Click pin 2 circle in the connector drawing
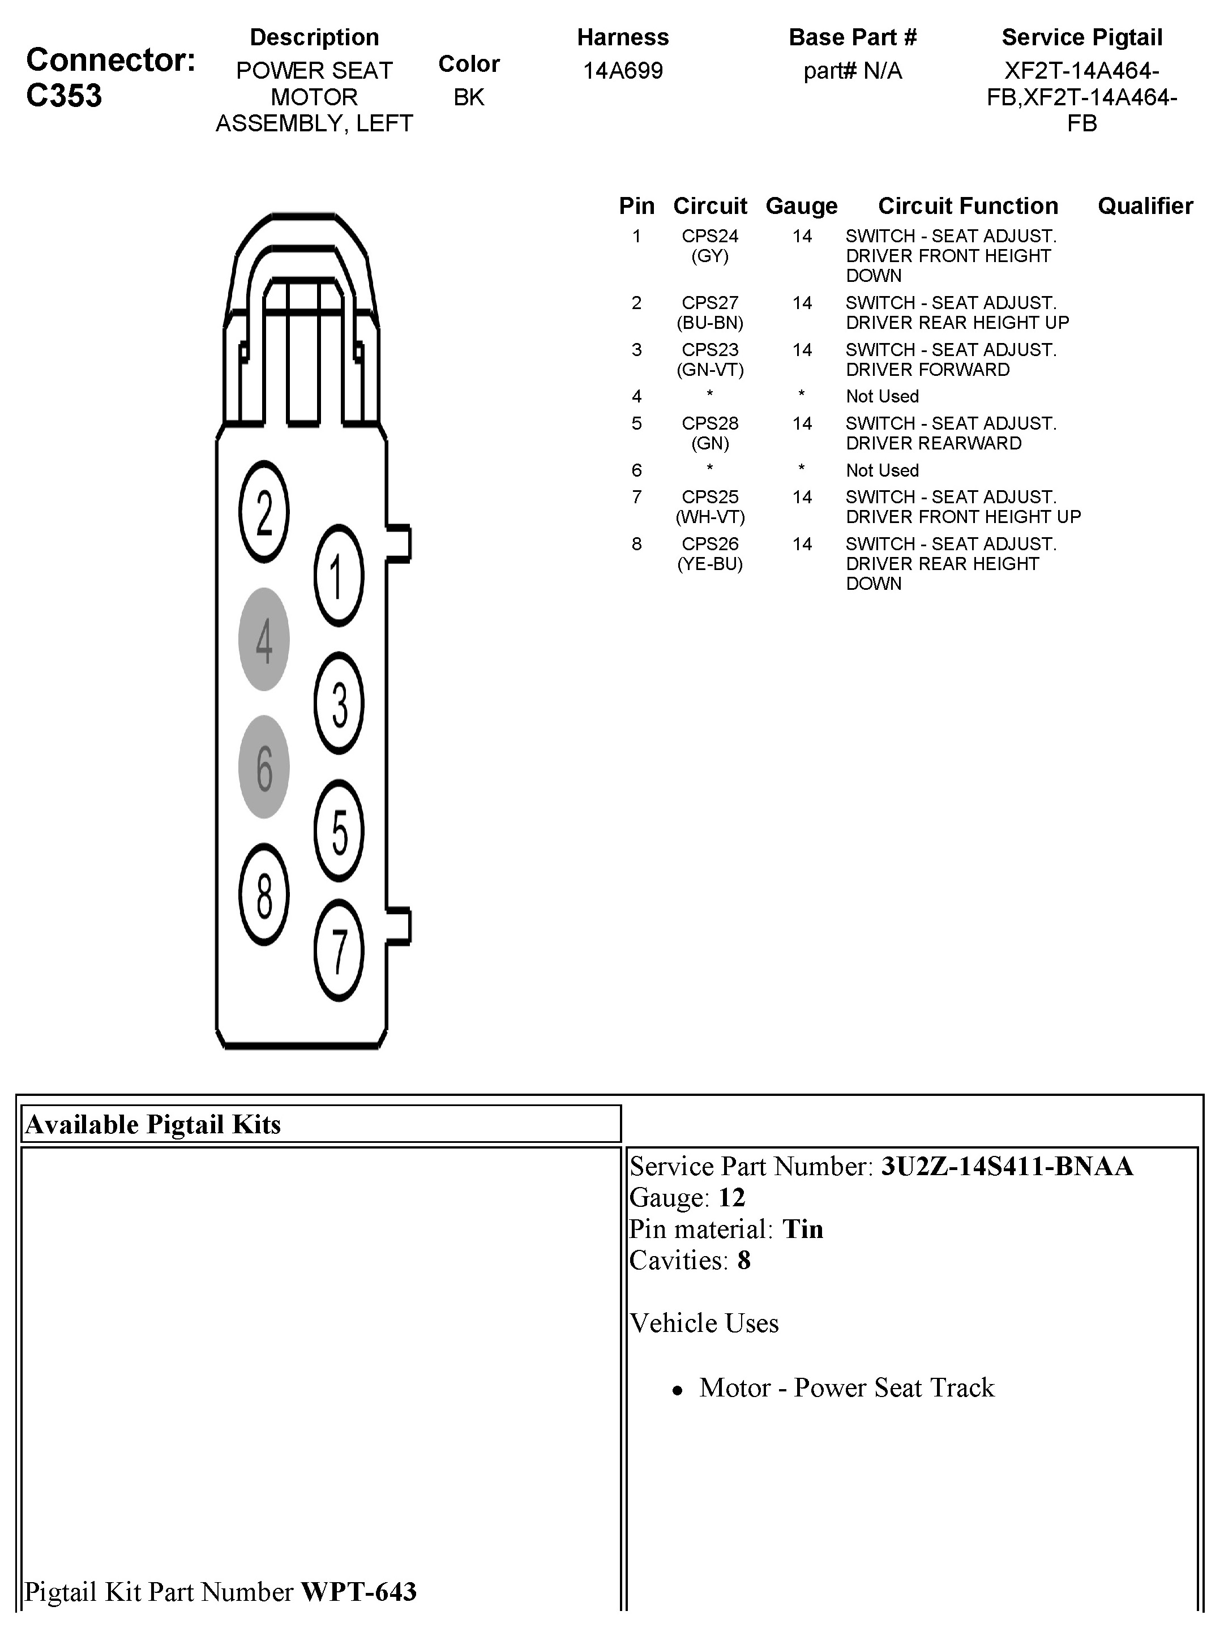click(264, 512)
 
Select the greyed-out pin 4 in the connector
click(264, 639)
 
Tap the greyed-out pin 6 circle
click(264, 767)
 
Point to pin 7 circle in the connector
click(339, 950)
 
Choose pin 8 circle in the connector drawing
click(264, 894)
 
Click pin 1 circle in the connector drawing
click(339, 576)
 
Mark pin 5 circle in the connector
click(339, 831)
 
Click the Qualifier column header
click(1145, 206)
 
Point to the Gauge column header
click(802, 206)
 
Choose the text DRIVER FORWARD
click(927, 370)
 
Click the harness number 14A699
click(623, 71)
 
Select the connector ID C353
click(64, 96)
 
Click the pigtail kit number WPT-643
click(358, 1591)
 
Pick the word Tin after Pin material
click(802, 1229)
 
